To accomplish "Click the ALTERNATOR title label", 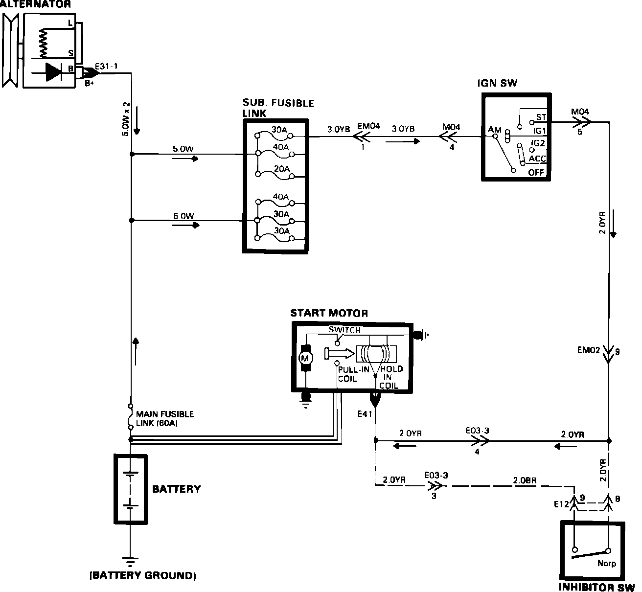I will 35,5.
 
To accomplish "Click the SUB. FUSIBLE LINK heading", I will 278,108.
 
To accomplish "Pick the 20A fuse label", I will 281,169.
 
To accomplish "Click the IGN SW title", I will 497,83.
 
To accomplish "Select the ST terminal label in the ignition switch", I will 541,117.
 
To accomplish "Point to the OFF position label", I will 536,173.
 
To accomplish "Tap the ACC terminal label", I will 537,159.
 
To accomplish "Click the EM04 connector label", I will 368,126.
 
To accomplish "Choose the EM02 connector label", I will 588,350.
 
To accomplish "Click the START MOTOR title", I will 329,313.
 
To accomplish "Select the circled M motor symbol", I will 306,358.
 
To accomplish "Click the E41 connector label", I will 365,414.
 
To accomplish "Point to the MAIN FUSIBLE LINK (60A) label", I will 164,419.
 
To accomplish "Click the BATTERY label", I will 176,489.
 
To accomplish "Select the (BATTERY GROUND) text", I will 143,575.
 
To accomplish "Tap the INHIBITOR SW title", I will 596,587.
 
